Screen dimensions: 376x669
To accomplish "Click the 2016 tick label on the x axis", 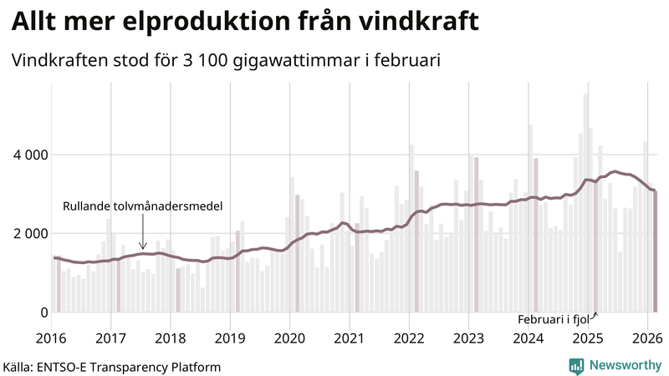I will click(x=52, y=338).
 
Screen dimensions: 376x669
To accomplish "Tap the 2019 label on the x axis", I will click(x=230, y=338).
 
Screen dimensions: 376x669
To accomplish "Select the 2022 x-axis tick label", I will click(x=409, y=338).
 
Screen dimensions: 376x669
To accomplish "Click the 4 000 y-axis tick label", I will click(x=31, y=155).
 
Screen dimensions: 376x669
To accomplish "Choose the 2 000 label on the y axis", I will click(x=31, y=233).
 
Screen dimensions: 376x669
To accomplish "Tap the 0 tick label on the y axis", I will click(x=43, y=312).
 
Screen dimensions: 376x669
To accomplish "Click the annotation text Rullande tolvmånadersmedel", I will click(x=142, y=206).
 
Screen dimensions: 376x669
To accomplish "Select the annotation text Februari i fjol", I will click(x=554, y=320).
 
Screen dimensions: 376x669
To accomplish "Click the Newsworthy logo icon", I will click(x=576, y=365).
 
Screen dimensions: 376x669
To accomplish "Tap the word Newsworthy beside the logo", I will click(x=623, y=365).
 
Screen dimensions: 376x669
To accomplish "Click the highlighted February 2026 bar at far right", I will click(x=656, y=252).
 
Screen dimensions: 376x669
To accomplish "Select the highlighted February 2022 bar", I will click(x=416, y=241).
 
